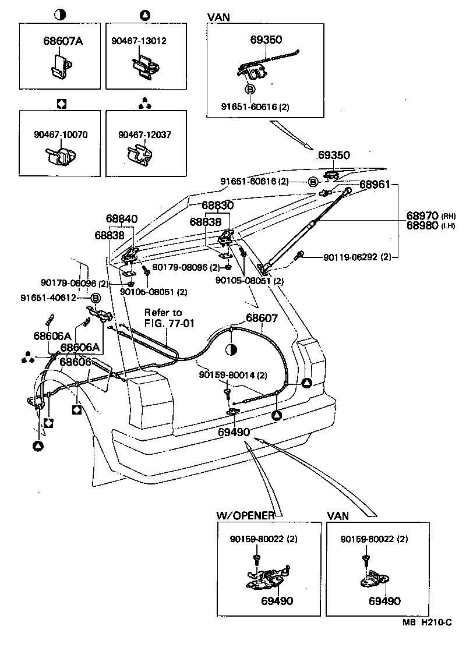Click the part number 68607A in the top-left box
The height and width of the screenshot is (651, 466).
(62, 41)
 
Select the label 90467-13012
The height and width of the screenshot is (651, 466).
(139, 41)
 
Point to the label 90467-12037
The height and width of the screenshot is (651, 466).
(144, 135)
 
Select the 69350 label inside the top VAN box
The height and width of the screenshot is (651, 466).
(266, 40)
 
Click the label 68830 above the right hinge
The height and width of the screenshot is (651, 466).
(217, 206)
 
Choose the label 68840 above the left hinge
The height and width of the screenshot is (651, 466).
(122, 219)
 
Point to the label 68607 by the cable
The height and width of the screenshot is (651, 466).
(262, 319)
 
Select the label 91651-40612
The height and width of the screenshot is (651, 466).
(48, 297)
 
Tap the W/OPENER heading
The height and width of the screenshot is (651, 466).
(245, 515)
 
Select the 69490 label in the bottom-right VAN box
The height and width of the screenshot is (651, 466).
(384, 601)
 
